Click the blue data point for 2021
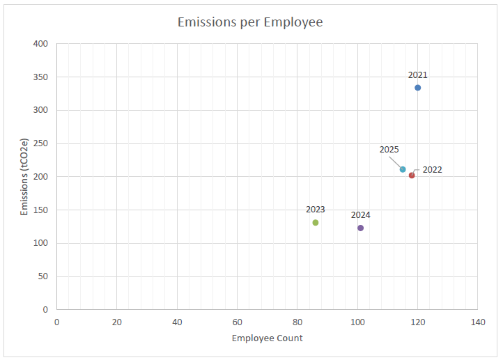[x=417, y=88]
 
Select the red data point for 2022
[x=412, y=175]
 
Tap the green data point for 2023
[x=316, y=223]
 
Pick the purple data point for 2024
[x=360, y=228]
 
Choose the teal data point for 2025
[x=403, y=169]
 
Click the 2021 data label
[x=417, y=75]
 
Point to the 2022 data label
[x=432, y=170]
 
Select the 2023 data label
[x=316, y=210]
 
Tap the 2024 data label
[x=360, y=215]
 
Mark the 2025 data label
[x=389, y=150]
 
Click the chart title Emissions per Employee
[x=250, y=22]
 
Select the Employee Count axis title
[x=268, y=338]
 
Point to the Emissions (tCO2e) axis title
[x=25, y=177]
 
